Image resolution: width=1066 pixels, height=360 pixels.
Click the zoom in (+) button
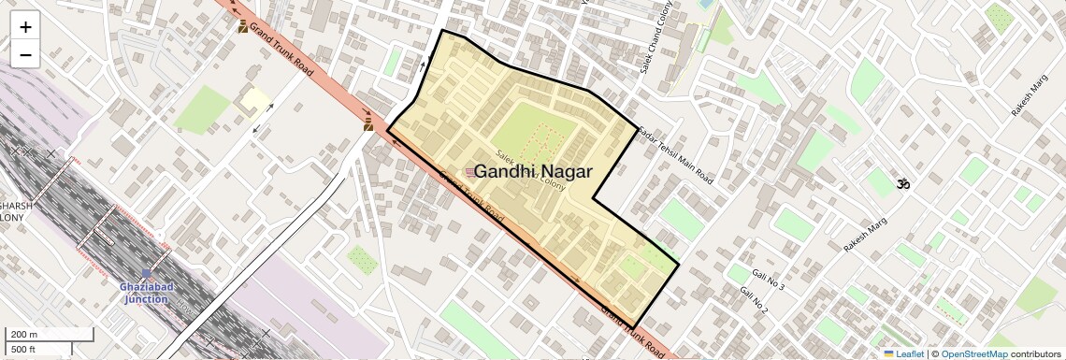pyautogui.click(x=25, y=27)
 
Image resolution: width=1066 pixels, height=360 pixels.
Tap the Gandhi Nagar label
pyautogui.click(x=533, y=171)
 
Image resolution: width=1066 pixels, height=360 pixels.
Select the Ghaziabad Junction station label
pyautogui.click(x=145, y=293)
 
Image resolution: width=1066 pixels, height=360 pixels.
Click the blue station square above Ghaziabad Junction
pyautogui.click(x=146, y=275)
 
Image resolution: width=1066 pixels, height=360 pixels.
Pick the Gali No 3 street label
pyautogui.click(x=768, y=278)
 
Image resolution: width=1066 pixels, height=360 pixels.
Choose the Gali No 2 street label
pyautogui.click(x=754, y=300)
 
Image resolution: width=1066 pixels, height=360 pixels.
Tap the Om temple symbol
pyautogui.click(x=903, y=184)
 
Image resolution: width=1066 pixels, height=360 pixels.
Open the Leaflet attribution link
pyautogui.click(x=903, y=354)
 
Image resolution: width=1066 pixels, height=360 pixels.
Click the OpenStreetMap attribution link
pyautogui.click(x=973, y=354)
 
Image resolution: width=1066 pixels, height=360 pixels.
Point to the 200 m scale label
pyautogui.click(x=24, y=335)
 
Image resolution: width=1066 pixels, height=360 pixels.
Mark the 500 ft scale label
pyautogui.click(x=23, y=350)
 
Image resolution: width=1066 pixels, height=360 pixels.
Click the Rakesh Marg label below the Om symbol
pyautogui.click(x=864, y=235)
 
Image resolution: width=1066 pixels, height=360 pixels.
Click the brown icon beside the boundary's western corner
pyautogui.click(x=368, y=123)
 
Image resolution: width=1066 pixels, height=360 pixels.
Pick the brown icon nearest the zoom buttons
pyautogui.click(x=243, y=26)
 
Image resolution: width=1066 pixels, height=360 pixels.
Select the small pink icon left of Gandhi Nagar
pyautogui.click(x=469, y=171)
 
